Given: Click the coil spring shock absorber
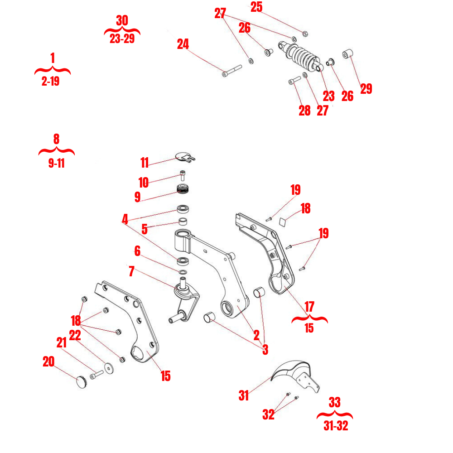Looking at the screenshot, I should pyautogui.click(x=301, y=56).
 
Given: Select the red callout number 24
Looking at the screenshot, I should pyautogui.click(x=183, y=44).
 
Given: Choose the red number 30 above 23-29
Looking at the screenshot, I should pyautogui.click(x=122, y=21).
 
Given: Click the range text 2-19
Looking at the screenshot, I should pyautogui.click(x=50, y=82).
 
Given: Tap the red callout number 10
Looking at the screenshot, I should pyautogui.click(x=144, y=183).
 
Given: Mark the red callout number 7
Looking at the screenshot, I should pyautogui.click(x=131, y=271).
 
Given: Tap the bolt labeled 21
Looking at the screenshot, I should pyautogui.click(x=96, y=375).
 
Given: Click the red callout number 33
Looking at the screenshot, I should pyautogui.click(x=335, y=402).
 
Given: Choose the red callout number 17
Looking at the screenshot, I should pyautogui.click(x=309, y=306).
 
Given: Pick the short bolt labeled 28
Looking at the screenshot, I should pyautogui.click(x=294, y=81).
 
